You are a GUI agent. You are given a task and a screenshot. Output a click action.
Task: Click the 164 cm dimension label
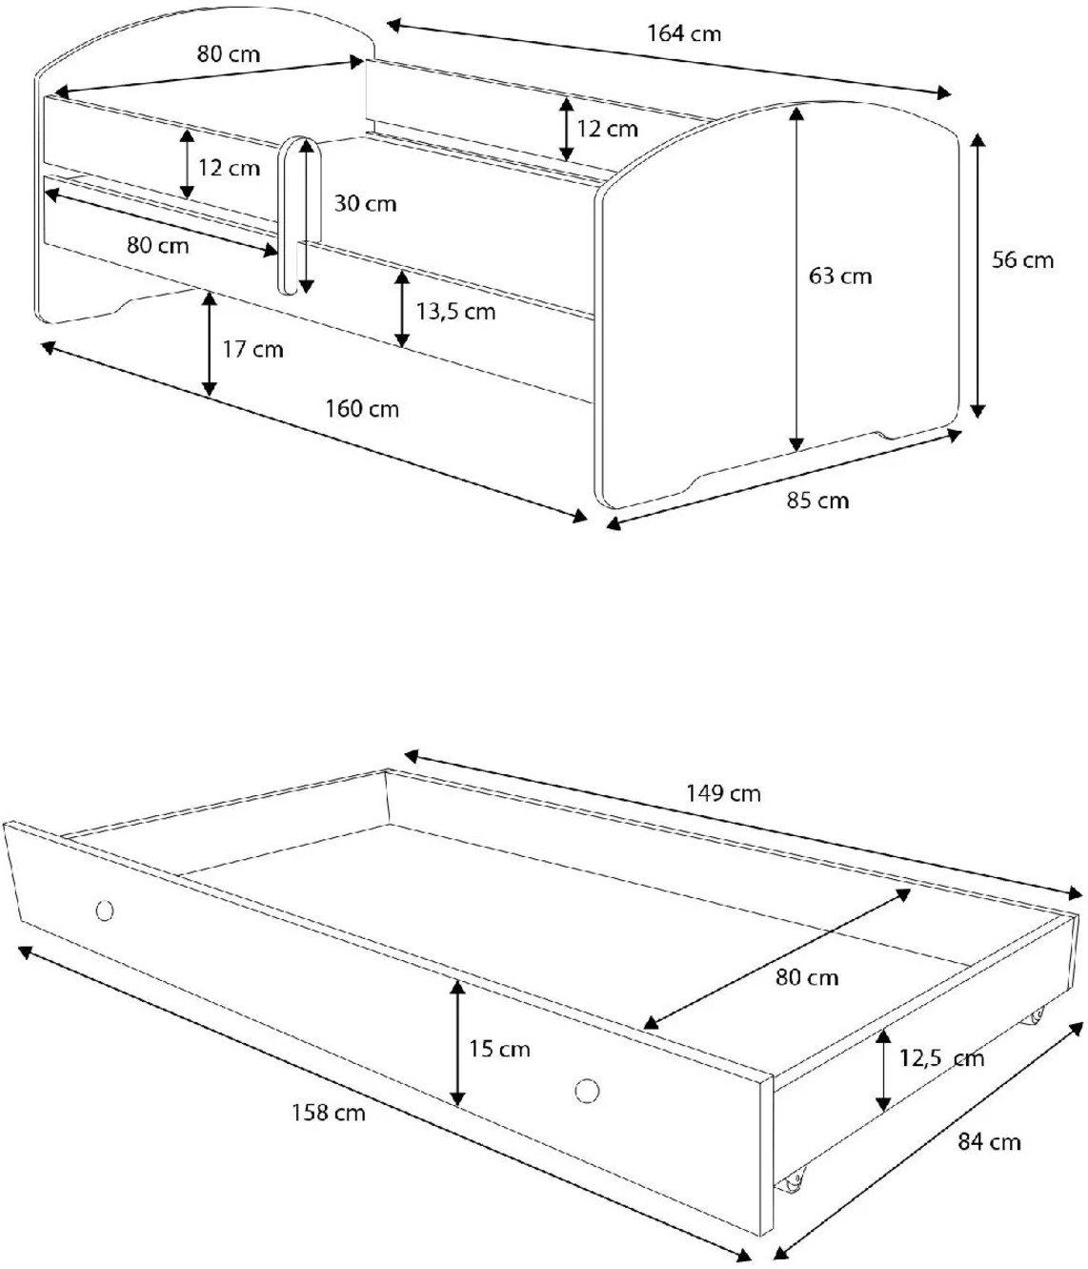pos(685,34)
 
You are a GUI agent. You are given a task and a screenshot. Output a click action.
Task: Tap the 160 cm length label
pos(363,409)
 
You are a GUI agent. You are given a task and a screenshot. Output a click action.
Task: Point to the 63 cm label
pos(840,276)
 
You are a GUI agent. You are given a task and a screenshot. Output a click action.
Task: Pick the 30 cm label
pos(366,203)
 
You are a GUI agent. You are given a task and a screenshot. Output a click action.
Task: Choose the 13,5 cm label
pos(455,311)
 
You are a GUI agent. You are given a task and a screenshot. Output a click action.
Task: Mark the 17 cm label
pos(252,349)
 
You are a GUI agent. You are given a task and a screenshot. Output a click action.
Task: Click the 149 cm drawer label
pos(723,792)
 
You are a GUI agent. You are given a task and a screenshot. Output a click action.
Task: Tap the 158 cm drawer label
pos(329,1112)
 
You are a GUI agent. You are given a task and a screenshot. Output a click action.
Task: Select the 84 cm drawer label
pos(990,1141)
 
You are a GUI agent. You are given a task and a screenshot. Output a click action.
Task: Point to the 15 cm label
pos(499,1049)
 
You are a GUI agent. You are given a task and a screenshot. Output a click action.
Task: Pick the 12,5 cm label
pos(941,1057)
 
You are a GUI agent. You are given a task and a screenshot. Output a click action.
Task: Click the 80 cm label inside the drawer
pos(807,977)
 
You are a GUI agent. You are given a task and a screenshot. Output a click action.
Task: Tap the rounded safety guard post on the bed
pos(298,215)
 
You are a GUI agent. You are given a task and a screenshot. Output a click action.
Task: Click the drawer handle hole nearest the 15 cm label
pos(588,1089)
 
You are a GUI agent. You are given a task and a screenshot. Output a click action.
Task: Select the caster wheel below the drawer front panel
pos(790,1183)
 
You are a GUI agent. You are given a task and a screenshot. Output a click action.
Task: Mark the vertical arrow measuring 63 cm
pos(796,276)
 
